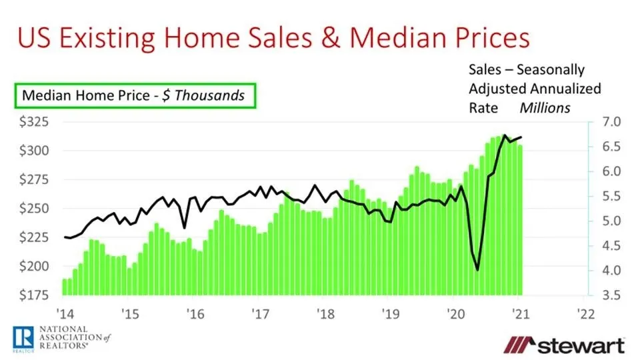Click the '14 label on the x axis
tap(65, 313)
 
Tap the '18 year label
tap(325, 313)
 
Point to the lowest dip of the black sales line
tap(477, 269)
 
